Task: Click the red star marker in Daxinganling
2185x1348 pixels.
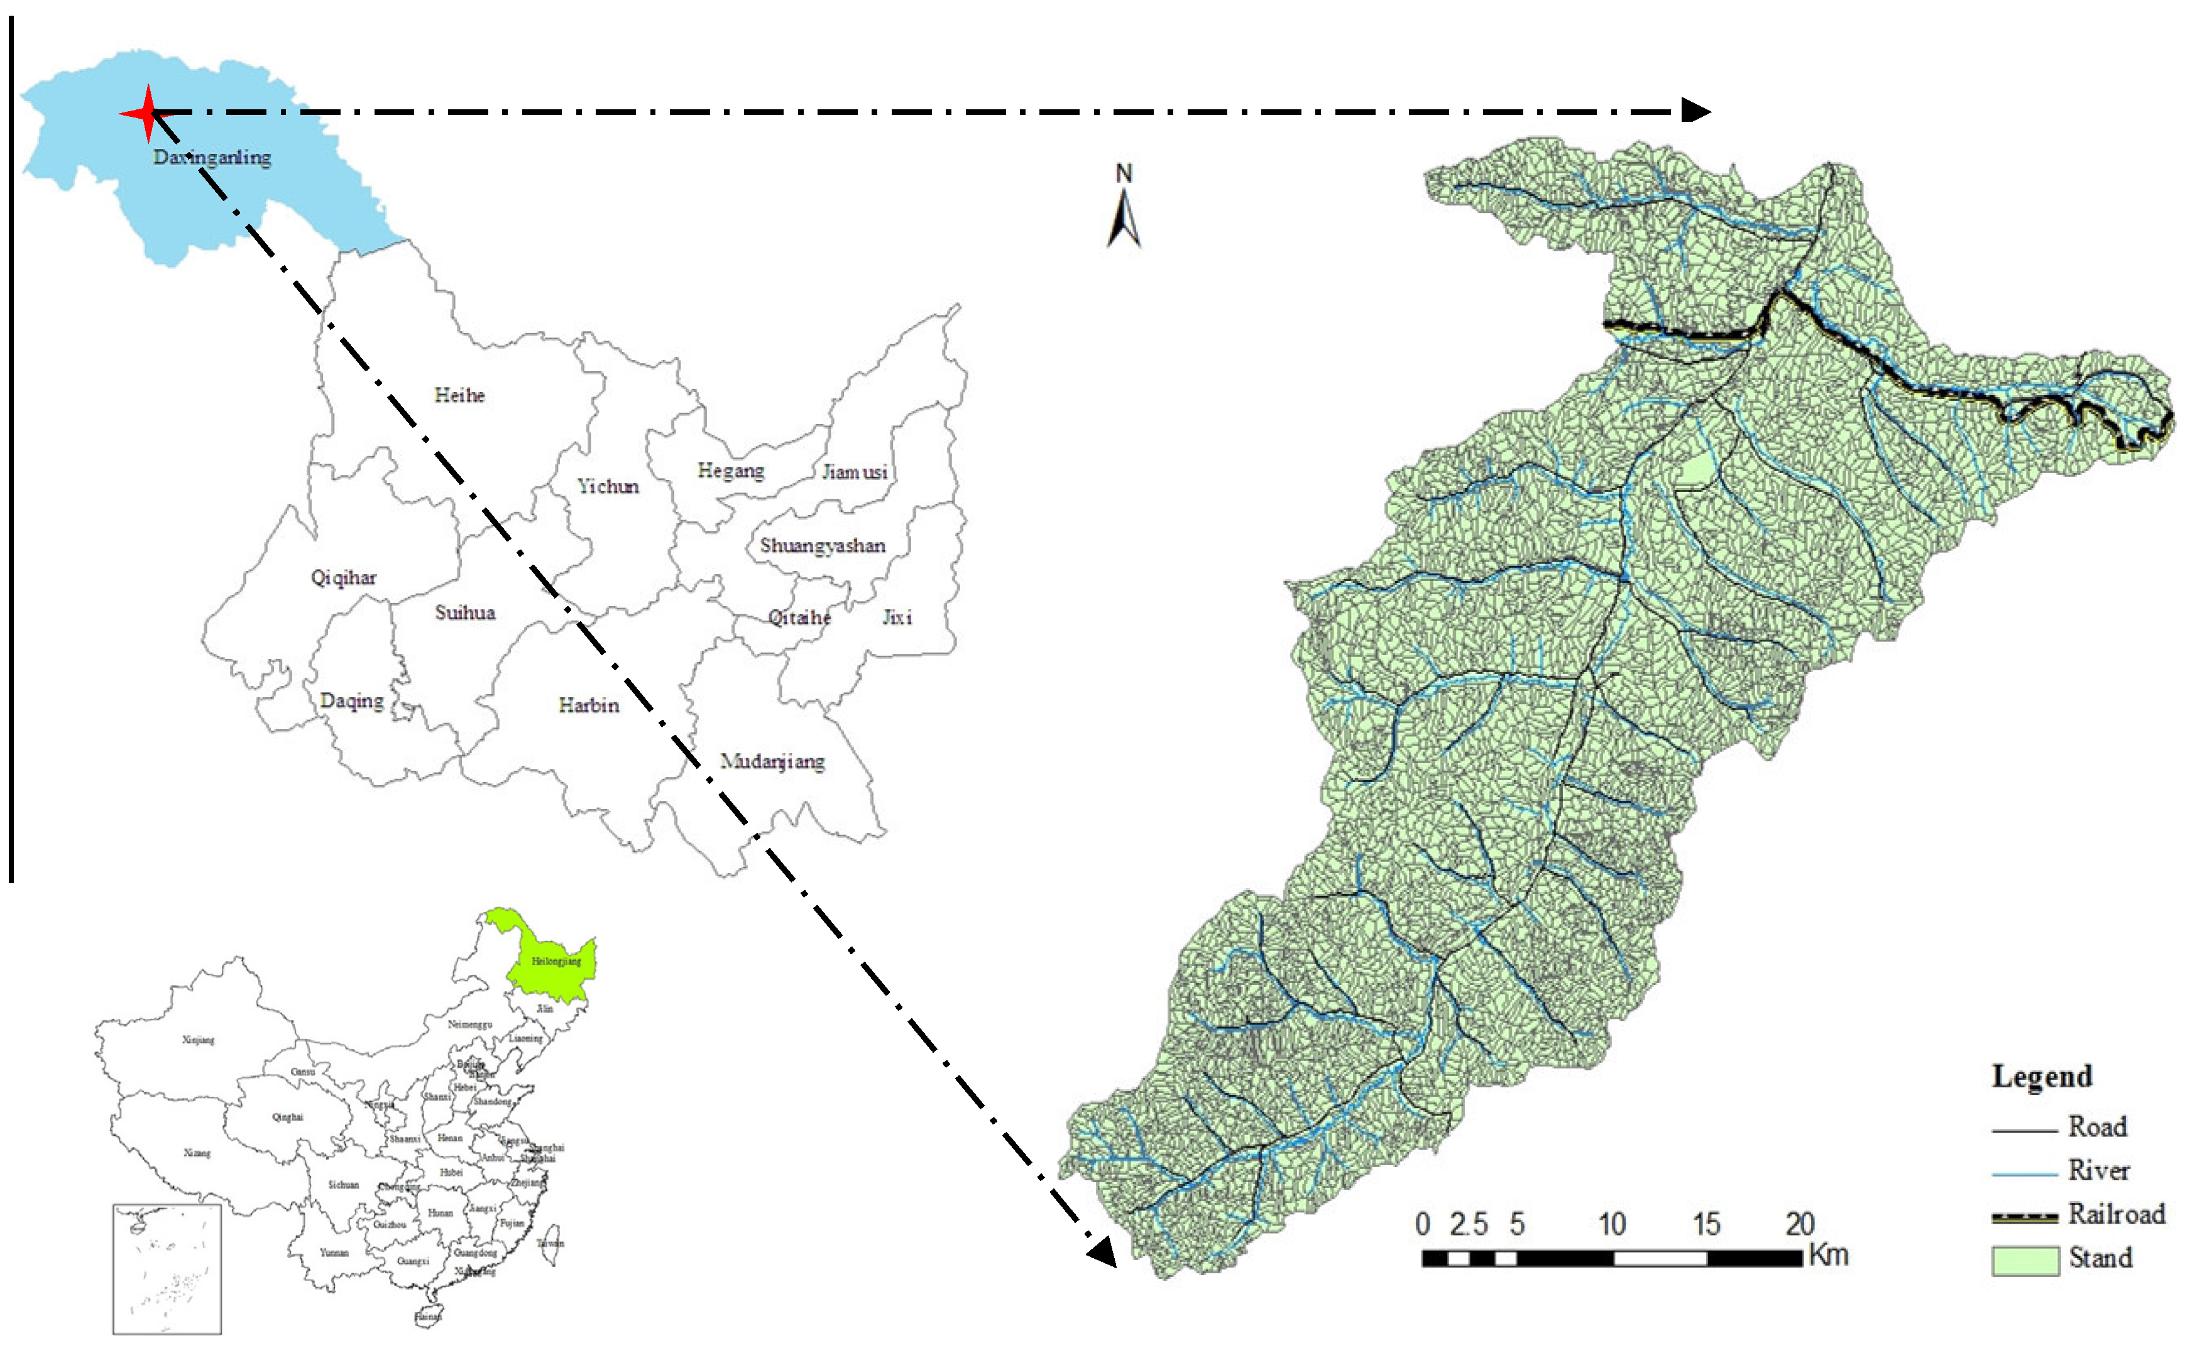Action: click(148, 113)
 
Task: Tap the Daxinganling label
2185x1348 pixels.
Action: click(212, 158)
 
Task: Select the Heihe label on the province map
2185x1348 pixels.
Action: click(459, 395)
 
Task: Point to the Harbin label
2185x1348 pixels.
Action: click(589, 705)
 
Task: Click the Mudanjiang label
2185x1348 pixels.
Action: click(772, 761)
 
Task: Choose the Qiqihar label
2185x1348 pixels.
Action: click(343, 578)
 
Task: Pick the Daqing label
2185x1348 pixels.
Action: click(353, 701)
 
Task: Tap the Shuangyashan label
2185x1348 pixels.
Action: click(822, 546)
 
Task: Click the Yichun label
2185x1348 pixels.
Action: click(608, 487)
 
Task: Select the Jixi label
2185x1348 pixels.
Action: click(897, 617)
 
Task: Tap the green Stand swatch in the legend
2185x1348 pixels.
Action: click(2025, 1261)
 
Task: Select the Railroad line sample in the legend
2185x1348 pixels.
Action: click(2025, 1217)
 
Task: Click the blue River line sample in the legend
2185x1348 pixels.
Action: click(2025, 1174)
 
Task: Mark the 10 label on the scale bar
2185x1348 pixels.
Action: click(1611, 1224)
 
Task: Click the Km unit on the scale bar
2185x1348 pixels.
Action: click(1828, 1255)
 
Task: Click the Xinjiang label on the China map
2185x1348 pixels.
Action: click(198, 1040)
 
